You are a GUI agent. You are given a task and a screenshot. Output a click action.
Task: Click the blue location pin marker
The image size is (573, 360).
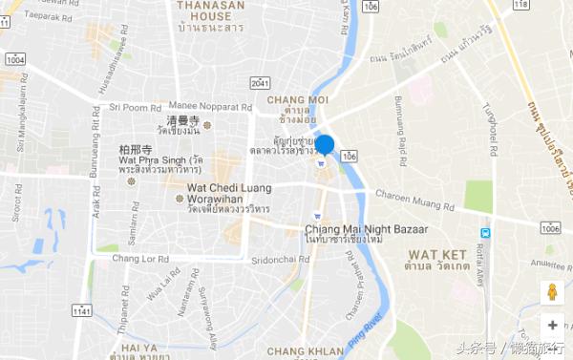point(325,146)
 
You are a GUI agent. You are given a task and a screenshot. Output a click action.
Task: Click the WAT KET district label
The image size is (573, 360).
point(436,254)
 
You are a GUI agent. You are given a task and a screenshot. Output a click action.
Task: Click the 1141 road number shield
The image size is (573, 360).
point(83,311)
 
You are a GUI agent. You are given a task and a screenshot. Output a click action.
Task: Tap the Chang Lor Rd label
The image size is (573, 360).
point(140,258)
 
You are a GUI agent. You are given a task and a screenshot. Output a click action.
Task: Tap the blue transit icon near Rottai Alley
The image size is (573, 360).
point(486,232)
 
